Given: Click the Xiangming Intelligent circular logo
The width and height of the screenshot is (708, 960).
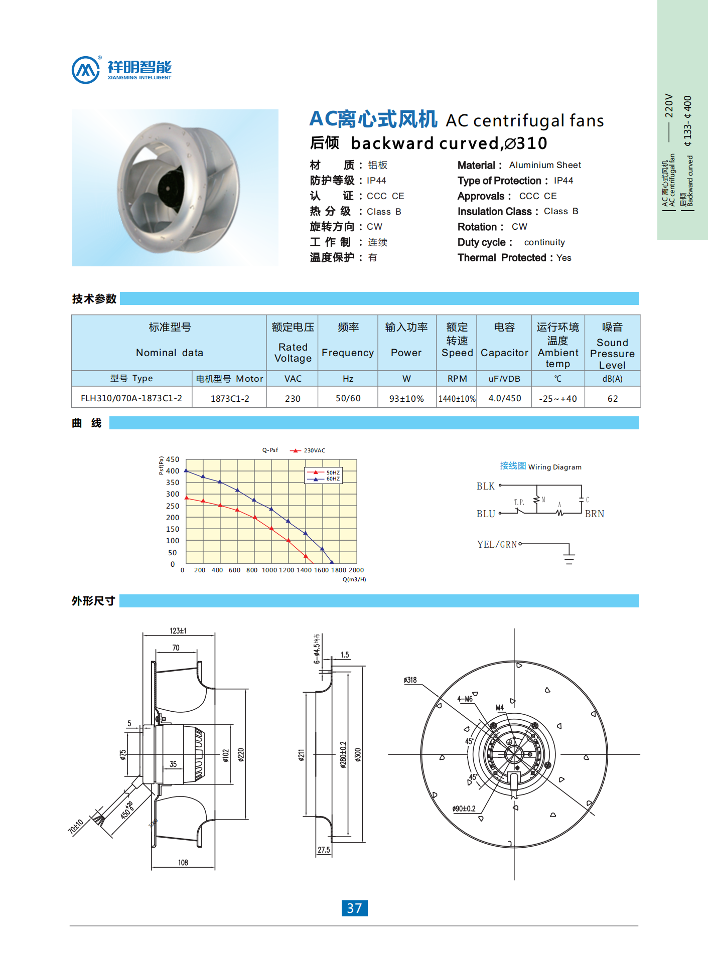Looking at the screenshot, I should coord(86,70).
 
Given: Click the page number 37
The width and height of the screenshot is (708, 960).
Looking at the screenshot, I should coord(354,908).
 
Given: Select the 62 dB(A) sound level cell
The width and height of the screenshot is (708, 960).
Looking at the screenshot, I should coord(612,399).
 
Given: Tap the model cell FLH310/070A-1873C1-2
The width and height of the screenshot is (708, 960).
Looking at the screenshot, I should coord(131,398).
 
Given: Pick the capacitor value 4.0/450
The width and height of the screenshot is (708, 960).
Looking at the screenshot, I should coord(504,398).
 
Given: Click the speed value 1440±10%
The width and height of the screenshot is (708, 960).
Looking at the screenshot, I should coord(457,399).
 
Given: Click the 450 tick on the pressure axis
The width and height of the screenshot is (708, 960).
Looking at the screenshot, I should coord(173,459).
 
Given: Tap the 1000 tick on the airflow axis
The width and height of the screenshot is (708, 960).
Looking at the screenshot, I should coord(269,570).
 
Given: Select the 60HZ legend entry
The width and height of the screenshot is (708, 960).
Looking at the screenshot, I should coord(333,479).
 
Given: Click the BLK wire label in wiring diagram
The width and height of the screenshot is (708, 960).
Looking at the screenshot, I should coord(485,486).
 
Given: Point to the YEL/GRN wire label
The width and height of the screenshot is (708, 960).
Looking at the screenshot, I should coord(497,544).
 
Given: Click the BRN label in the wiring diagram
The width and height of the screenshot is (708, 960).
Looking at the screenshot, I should coord(595,514).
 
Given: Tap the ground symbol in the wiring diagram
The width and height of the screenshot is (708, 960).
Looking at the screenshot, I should coord(569,558).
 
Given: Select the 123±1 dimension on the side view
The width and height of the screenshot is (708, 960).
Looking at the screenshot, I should coord(178,630).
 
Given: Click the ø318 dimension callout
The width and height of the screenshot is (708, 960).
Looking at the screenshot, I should coord(410,680).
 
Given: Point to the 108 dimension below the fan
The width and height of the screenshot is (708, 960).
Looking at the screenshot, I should coord(183,863).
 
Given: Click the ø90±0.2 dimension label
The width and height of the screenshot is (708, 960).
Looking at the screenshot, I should coord(464,809).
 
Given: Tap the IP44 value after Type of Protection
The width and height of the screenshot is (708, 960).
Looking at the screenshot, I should coord(563,181).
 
